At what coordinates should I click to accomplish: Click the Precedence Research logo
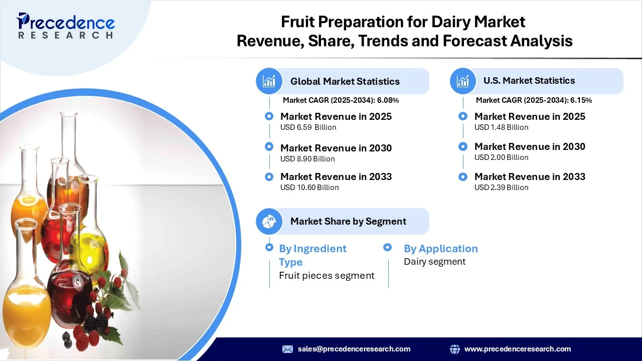[x=65, y=26]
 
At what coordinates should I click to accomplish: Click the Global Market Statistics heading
[x=345, y=81]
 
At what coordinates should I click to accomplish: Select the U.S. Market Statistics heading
[x=529, y=80]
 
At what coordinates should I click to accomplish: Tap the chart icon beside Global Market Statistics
[x=269, y=81]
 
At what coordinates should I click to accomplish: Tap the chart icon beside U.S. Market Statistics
[x=463, y=81]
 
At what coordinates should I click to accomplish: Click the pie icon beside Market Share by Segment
[x=269, y=221]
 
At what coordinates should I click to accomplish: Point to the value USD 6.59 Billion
[x=308, y=127]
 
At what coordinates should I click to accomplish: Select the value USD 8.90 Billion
[x=307, y=159]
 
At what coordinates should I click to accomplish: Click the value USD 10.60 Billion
[x=309, y=188]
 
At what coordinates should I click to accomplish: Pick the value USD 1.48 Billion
[x=501, y=127]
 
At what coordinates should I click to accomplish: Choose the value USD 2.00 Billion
[x=501, y=157]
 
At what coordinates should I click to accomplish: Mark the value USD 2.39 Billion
[x=501, y=188]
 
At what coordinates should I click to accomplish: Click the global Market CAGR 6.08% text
[x=341, y=100]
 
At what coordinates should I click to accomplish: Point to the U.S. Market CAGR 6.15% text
[x=534, y=100]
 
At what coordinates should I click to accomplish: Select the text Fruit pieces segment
[x=327, y=275]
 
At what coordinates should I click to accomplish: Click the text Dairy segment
[x=434, y=262]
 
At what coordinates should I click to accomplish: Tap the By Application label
[x=440, y=249]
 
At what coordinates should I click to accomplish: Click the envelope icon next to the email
[x=287, y=349]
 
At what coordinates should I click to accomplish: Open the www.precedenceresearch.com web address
[x=517, y=349]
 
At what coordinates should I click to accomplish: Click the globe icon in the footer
[x=455, y=349]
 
